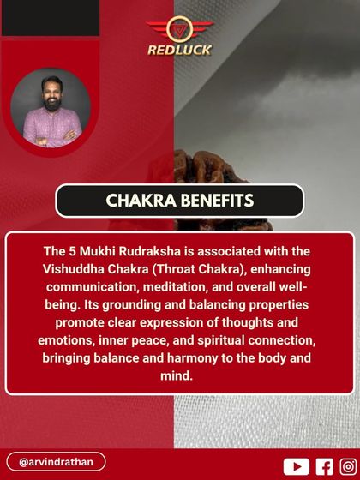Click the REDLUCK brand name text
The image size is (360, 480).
coord(179,50)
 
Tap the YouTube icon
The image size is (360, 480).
coord(295,465)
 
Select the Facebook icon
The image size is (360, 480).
coord(324,465)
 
